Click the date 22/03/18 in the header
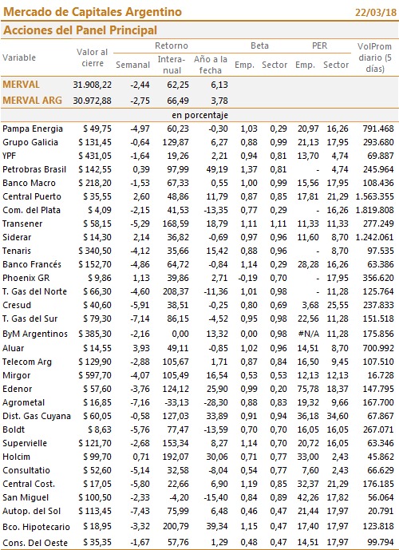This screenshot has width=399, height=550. [x=376, y=12]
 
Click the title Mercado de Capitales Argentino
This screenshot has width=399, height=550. [x=93, y=12]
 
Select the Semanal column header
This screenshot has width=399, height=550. [x=133, y=65]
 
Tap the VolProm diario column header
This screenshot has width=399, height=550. [x=374, y=57]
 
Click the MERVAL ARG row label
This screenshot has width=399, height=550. [x=32, y=101]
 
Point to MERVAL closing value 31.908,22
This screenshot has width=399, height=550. [x=93, y=85]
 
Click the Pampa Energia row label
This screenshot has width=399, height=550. [x=33, y=129]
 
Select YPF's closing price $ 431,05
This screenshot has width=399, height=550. [x=95, y=156]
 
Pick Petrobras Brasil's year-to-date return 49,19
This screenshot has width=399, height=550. [x=217, y=169]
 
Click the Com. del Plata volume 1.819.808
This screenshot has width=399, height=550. [x=374, y=210]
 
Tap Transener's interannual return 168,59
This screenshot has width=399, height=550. [x=176, y=224]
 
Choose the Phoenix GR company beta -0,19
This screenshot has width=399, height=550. [x=248, y=278]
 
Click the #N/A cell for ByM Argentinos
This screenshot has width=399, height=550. [x=309, y=334]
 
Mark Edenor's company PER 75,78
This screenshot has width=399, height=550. [x=309, y=389]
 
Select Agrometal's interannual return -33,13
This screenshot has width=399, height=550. [x=177, y=402]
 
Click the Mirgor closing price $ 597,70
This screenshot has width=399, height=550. [x=95, y=376]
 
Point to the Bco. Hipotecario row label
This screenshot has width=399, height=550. [x=36, y=527]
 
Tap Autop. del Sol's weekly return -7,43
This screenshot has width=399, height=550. [x=140, y=512]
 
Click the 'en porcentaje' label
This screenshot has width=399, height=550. [x=199, y=116]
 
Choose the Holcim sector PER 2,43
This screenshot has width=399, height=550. [x=341, y=457]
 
